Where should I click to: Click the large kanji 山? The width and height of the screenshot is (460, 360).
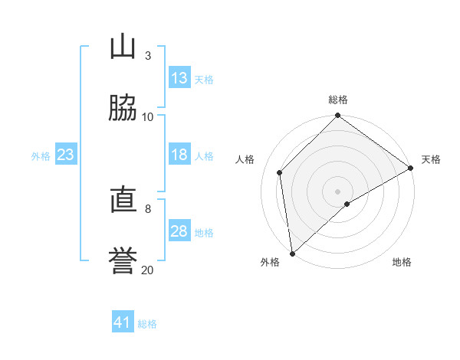tap(123, 46)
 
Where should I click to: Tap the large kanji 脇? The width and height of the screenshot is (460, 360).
tap(123, 107)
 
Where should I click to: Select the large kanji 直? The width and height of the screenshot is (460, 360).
tap(123, 199)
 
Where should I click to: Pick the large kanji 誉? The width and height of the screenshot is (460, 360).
tap(123, 260)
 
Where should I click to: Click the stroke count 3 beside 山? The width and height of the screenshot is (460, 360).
tap(148, 56)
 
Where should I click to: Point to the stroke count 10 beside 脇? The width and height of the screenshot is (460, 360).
tap(147, 117)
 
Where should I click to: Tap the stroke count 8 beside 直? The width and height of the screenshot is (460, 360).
tap(148, 209)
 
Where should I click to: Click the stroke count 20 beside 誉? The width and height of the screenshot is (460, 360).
tap(147, 270)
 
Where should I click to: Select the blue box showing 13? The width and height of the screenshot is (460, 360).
tap(179, 77)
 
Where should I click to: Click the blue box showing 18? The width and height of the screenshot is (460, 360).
tap(179, 154)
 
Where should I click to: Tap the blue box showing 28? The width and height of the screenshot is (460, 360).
tap(179, 230)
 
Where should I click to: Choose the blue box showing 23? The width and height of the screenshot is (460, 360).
tap(66, 154)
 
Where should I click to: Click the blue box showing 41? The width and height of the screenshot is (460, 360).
tap(123, 321)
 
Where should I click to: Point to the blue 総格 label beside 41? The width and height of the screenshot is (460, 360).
tap(147, 324)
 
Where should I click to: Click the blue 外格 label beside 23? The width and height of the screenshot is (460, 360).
tap(41, 156)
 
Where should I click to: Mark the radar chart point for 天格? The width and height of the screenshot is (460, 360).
tap(410, 168)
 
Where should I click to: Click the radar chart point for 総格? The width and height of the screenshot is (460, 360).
tap(337, 115)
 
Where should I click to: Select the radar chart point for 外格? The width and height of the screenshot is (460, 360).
tap(293, 254)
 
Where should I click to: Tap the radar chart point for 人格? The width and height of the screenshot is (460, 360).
tap(280, 172)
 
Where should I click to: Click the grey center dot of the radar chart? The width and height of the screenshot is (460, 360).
tap(337, 191)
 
